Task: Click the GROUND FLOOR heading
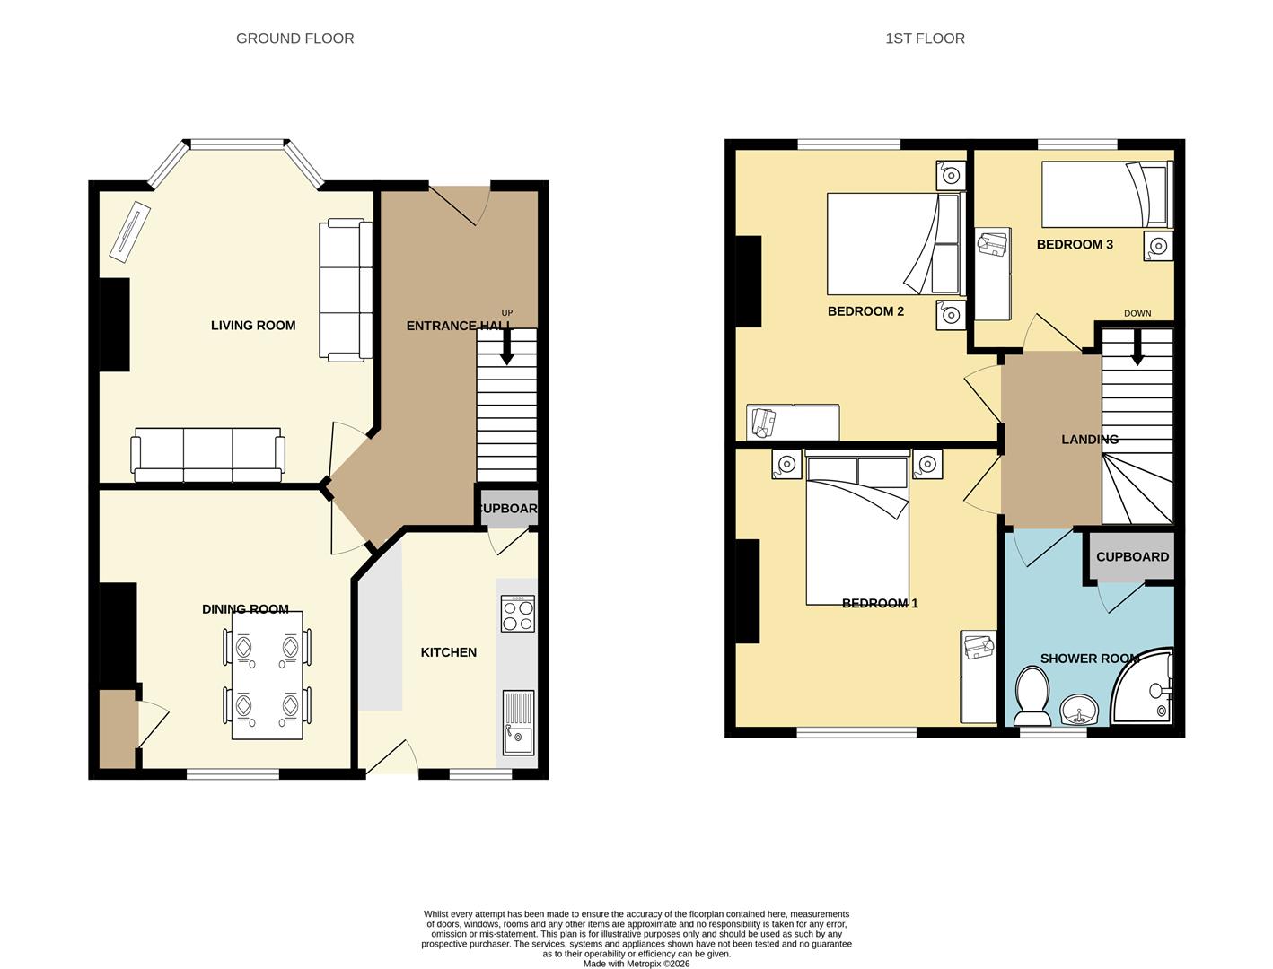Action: pyautogui.click(x=294, y=39)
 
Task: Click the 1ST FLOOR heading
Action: pyautogui.click(x=925, y=39)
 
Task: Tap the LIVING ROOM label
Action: pyautogui.click(x=253, y=326)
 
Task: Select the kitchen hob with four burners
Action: pyautogui.click(x=518, y=614)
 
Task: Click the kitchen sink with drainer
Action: pyautogui.click(x=518, y=722)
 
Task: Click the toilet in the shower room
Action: pyautogui.click(x=1032, y=700)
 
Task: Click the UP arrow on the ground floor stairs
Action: pyautogui.click(x=506, y=346)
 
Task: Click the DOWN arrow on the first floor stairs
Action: pyautogui.click(x=1137, y=347)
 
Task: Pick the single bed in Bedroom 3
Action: pyautogui.click(x=1106, y=194)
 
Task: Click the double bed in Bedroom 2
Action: pyautogui.click(x=892, y=243)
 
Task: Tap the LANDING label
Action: pyautogui.click(x=1090, y=440)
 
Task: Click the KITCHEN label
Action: pyautogui.click(x=449, y=652)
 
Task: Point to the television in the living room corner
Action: pyautogui.click(x=130, y=231)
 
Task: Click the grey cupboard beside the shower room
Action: pyautogui.click(x=1132, y=557)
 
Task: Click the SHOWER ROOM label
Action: pyautogui.click(x=1089, y=659)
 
